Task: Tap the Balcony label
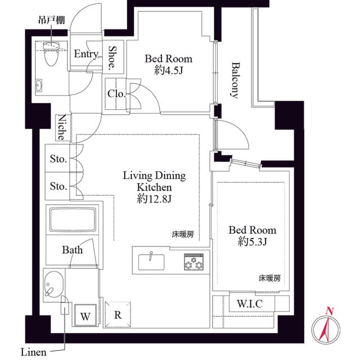pyautogui.click(x=235, y=80)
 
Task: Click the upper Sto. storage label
pyautogui.click(x=58, y=160)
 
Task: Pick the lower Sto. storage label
pyautogui.click(x=58, y=186)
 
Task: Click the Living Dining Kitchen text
pyautogui.click(x=154, y=181)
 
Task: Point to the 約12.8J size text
pyautogui.click(x=154, y=199)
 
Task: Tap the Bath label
pyautogui.click(x=73, y=250)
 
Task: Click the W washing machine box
pyautogui.click(x=85, y=316)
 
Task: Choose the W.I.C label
pyautogui.click(x=247, y=304)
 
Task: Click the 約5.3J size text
pyautogui.click(x=252, y=242)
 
